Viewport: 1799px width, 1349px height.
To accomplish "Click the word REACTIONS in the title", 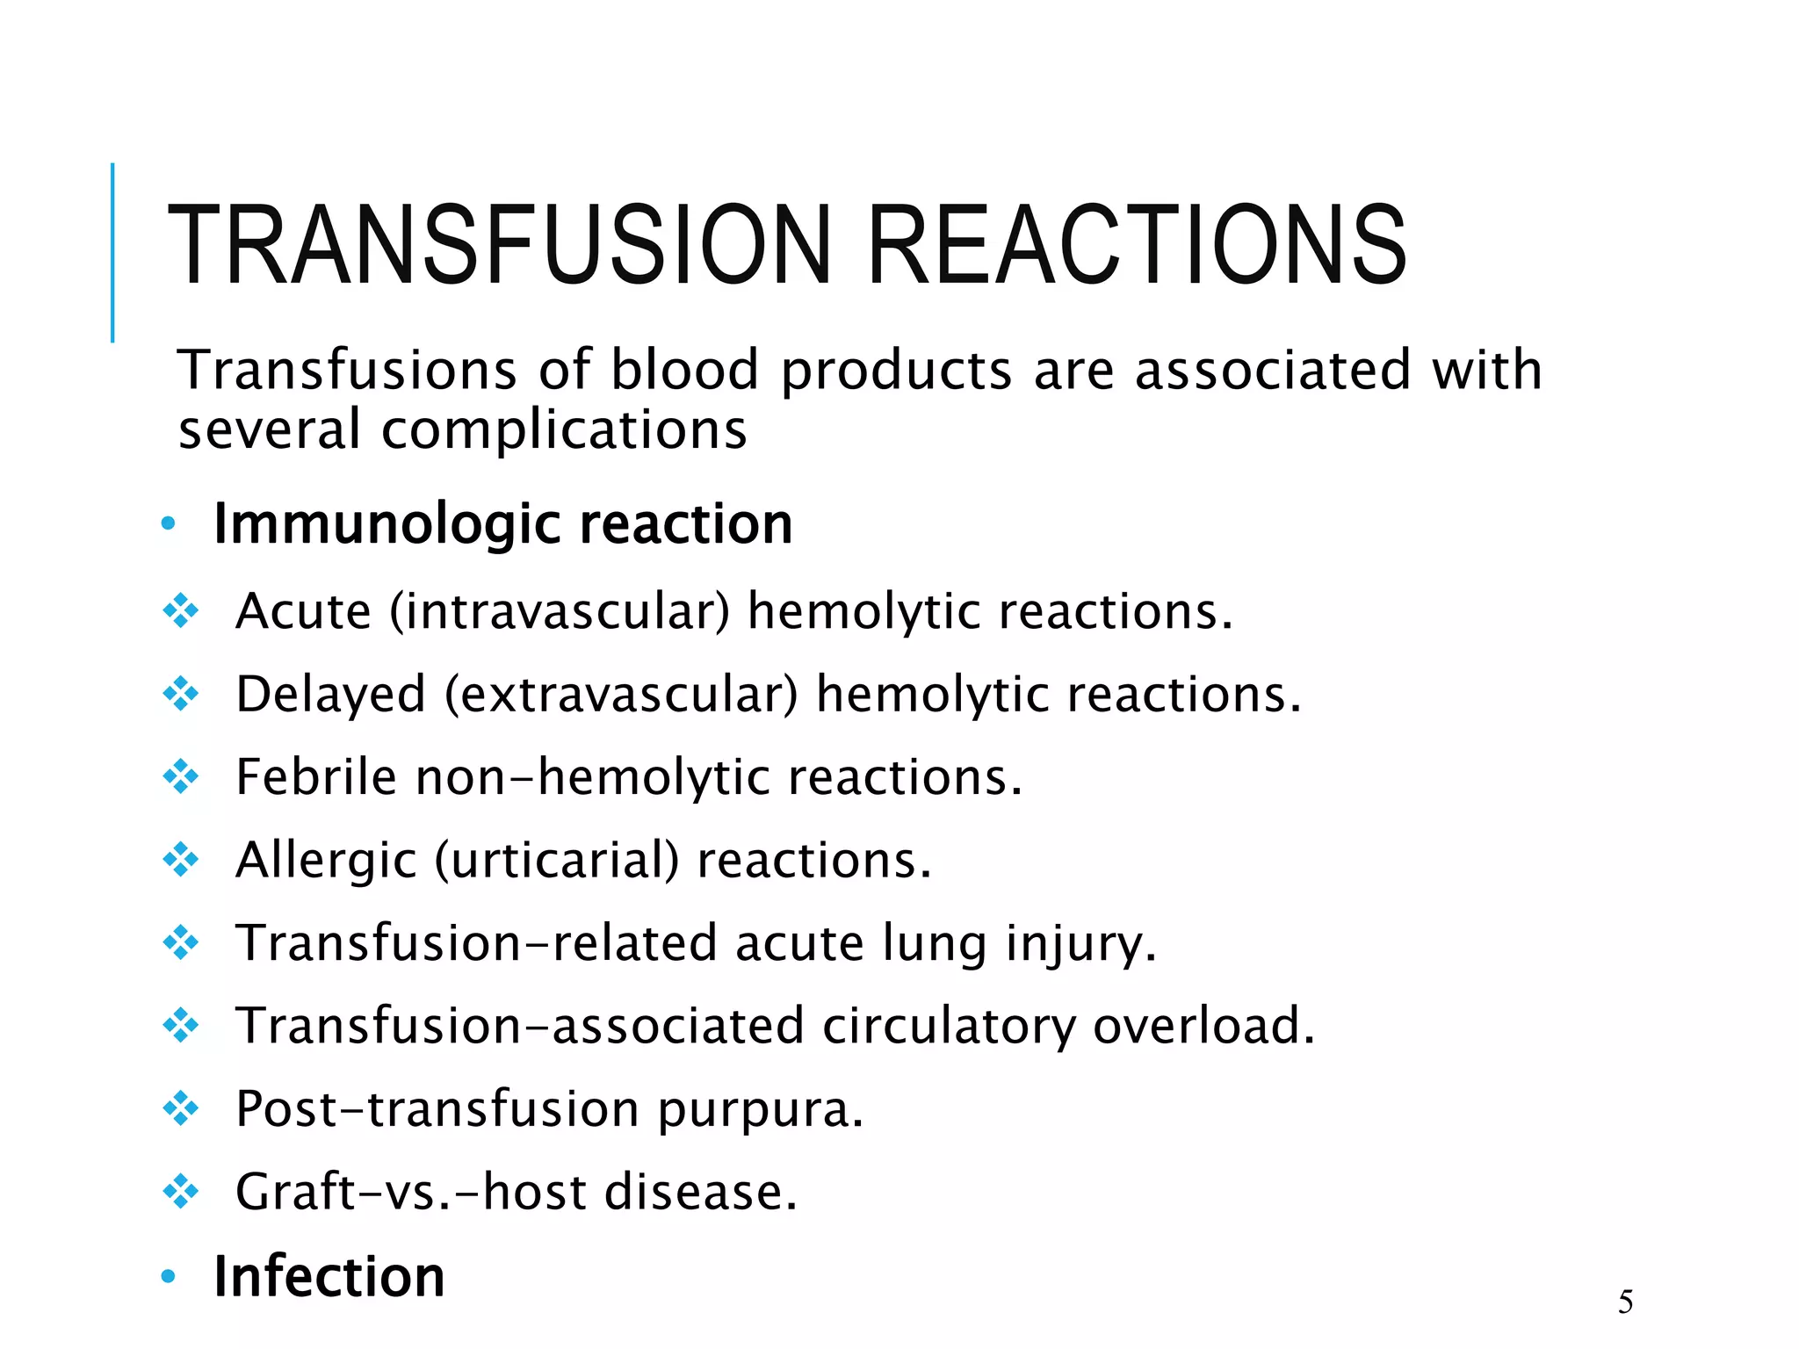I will [x=1137, y=245].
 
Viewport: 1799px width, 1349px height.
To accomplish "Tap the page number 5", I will [x=1625, y=1302].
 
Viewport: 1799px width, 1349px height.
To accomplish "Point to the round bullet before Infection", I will [x=169, y=1276].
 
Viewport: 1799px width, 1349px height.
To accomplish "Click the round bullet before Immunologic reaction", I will [x=169, y=525].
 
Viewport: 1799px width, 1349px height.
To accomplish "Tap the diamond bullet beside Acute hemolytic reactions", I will [x=181, y=611].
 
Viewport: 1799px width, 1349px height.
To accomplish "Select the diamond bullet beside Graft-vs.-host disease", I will [x=181, y=1192].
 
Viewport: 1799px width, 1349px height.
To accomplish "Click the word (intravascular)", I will [x=560, y=611].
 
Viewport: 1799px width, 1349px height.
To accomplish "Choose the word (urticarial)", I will [x=557, y=861].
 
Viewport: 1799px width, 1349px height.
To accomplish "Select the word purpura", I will [x=761, y=1110].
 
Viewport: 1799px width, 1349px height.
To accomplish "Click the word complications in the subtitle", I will [x=564, y=430].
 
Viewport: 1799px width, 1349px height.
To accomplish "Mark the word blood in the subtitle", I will [x=684, y=370].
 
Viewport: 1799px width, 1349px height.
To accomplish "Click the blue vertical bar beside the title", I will [x=112, y=252].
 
